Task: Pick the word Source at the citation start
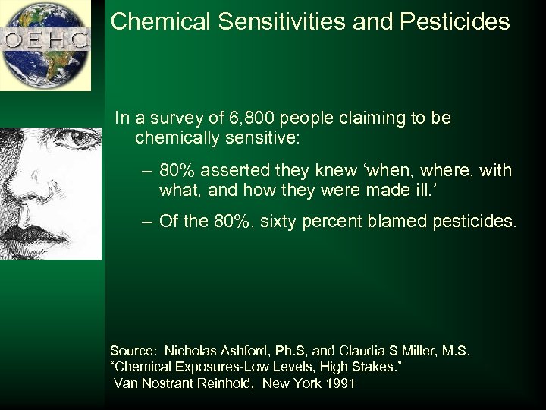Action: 132,351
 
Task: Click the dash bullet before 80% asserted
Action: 147,171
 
